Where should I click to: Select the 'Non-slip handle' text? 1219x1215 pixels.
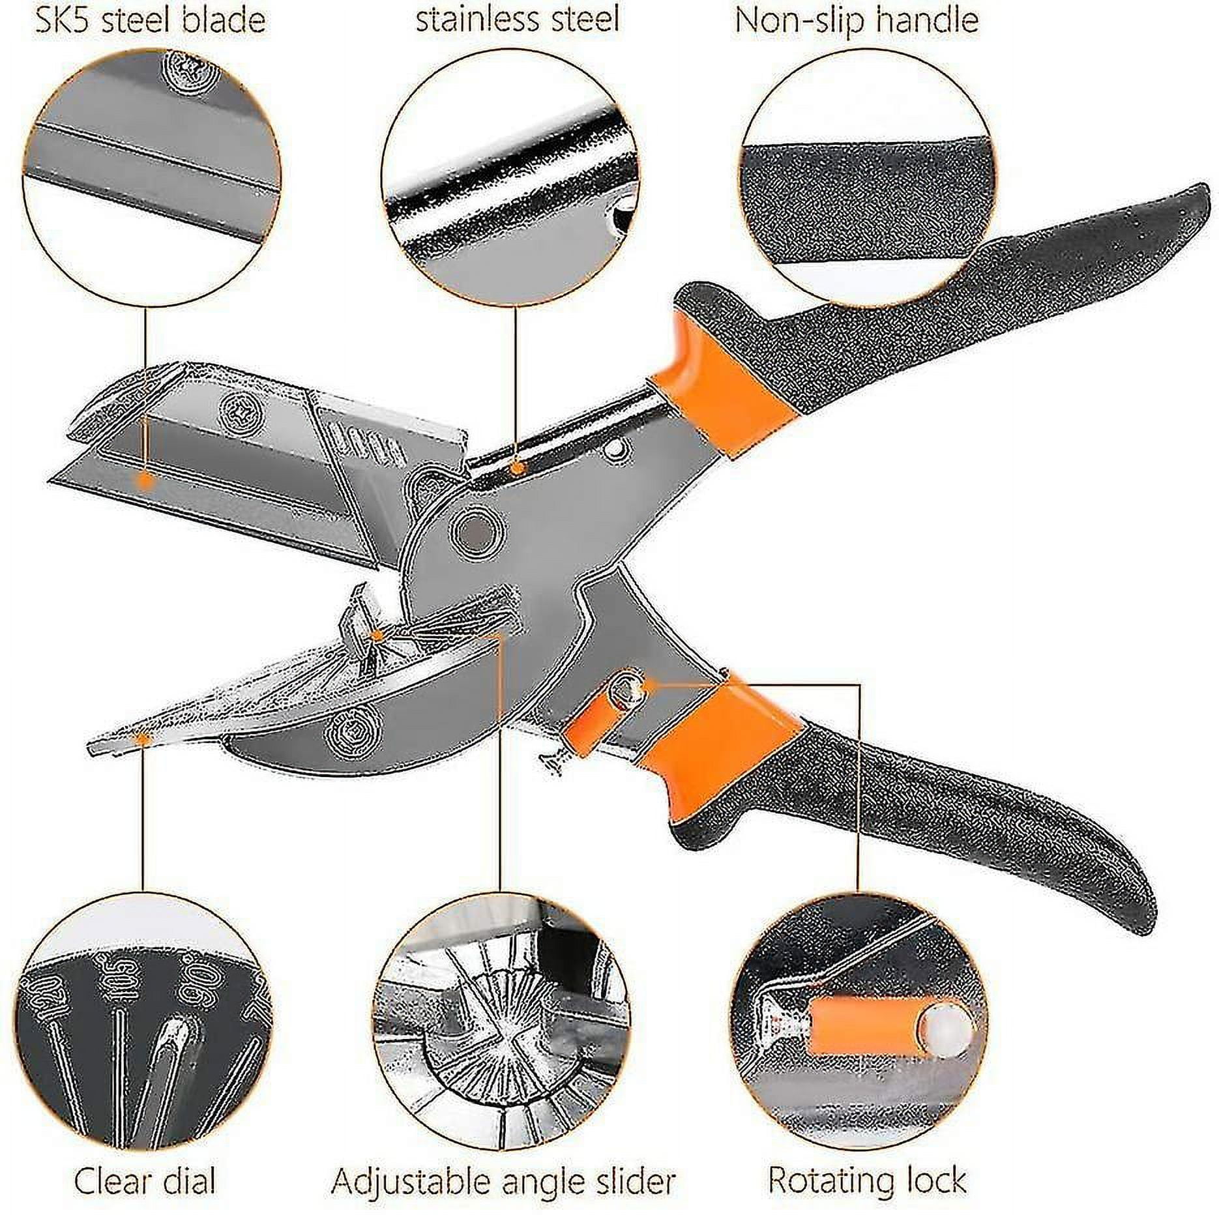coord(857,21)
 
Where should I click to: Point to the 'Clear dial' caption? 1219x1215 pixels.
coord(144,1180)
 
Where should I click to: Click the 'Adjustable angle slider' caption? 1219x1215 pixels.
coord(503,1180)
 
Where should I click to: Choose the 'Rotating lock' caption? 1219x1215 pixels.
coord(866,1180)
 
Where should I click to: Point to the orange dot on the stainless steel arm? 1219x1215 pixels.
coord(516,467)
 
